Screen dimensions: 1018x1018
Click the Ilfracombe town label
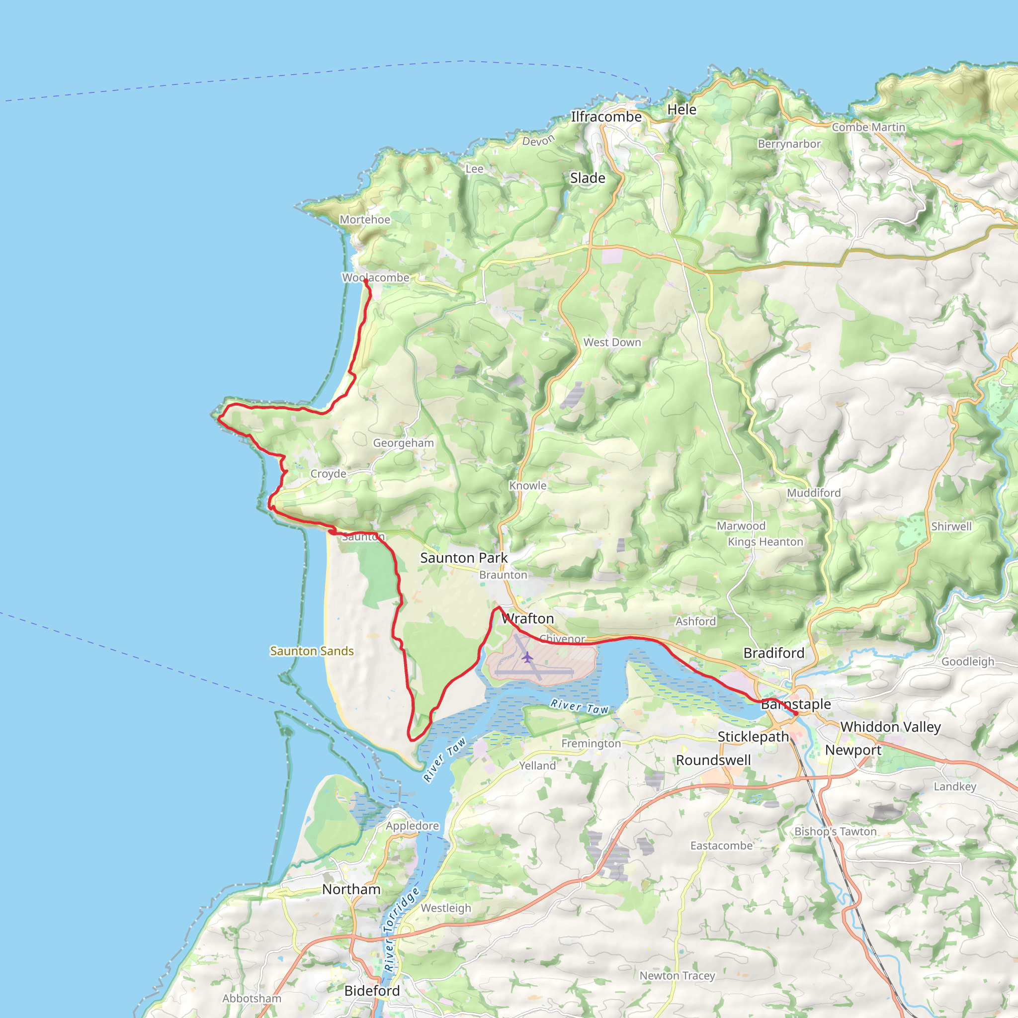[x=606, y=116]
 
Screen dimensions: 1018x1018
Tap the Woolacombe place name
[x=375, y=278]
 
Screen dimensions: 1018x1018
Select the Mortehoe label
[x=365, y=220]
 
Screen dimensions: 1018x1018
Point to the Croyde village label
[x=328, y=474]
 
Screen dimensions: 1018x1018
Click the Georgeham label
[x=403, y=443]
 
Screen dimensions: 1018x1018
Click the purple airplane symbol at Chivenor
[x=527, y=657]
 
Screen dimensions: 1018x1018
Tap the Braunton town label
[x=503, y=575]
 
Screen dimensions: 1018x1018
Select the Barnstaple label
[x=796, y=704]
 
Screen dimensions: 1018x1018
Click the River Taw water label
[x=579, y=707]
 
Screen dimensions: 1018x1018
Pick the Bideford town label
[x=372, y=991]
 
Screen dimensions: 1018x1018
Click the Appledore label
[x=412, y=826]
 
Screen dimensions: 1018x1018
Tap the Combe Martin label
[x=868, y=127]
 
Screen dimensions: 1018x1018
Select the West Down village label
[x=612, y=342]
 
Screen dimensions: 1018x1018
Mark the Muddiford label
[x=814, y=493]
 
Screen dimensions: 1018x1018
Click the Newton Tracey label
[x=677, y=976]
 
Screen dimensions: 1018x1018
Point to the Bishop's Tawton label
[x=835, y=832]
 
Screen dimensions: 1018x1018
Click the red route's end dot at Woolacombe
[x=366, y=281]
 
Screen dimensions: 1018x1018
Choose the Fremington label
[x=591, y=744]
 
